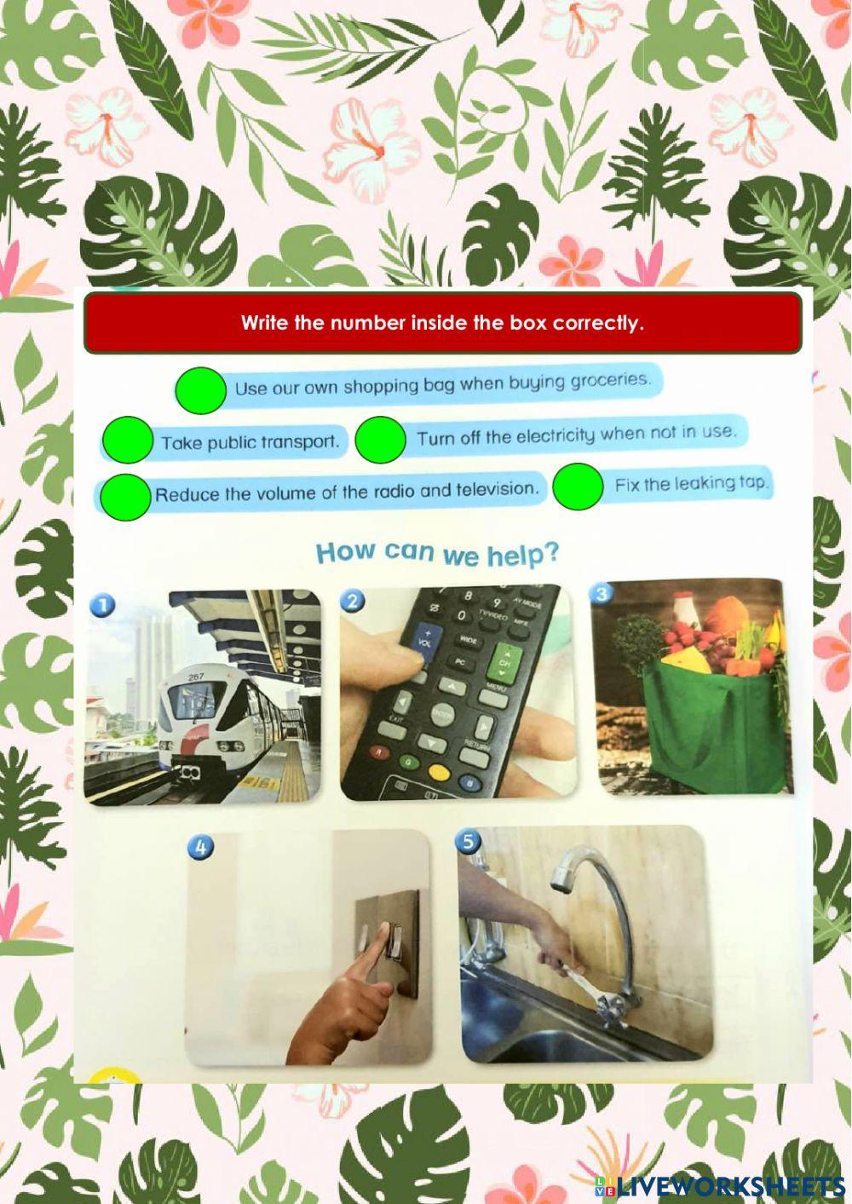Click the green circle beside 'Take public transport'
click(x=127, y=441)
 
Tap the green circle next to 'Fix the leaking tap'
click(x=578, y=486)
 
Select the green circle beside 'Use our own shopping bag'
click(x=200, y=389)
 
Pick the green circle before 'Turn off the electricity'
click(x=380, y=440)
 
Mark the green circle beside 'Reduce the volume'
click(x=124, y=497)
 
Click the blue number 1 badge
click(x=101, y=605)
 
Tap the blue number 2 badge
click(x=352, y=601)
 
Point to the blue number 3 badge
click(x=602, y=593)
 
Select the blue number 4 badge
click(x=201, y=847)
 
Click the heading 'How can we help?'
click(x=438, y=553)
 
